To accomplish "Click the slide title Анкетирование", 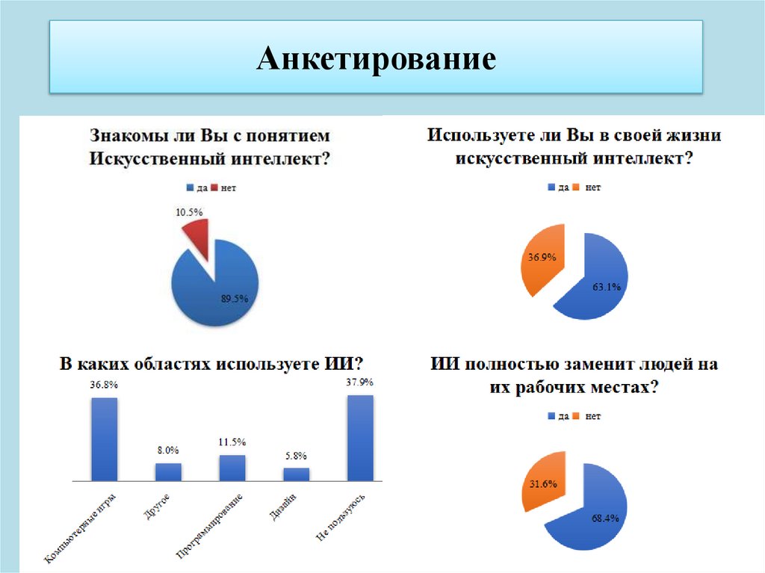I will click(376, 58).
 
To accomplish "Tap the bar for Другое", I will click(168, 471).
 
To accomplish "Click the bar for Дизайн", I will click(296, 474).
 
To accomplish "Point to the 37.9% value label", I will click(360, 382).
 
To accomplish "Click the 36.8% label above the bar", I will click(104, 385).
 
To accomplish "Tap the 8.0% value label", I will click(167, 450).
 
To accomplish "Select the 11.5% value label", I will click(232, 442).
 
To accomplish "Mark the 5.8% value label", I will click(296, 456).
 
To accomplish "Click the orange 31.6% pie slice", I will click(542, 482).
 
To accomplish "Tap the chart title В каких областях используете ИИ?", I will click(211, 364).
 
